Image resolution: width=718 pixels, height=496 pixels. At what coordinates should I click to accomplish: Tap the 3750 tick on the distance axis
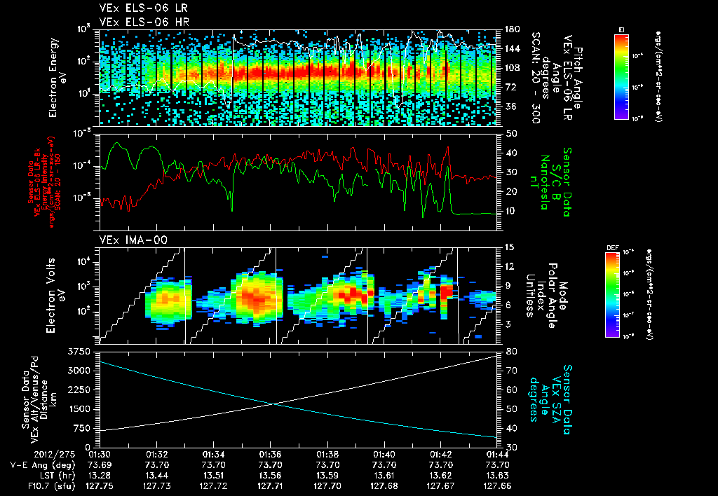[x=79, y=350]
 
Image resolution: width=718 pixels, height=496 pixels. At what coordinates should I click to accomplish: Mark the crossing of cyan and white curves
[x=274, y=403]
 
